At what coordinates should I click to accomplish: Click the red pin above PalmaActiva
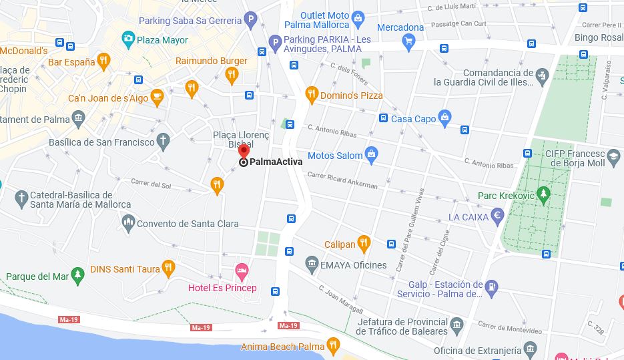(x=244, y=150)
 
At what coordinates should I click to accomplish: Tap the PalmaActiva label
(x=276, y=162)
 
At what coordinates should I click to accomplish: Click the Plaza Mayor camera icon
(x=128, y=40)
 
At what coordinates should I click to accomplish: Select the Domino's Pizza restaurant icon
(x=312, y=95)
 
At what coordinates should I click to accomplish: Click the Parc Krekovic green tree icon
(x=544, y=195)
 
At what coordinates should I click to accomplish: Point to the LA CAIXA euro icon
(x=497, y=216)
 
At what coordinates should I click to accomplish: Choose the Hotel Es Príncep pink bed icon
(x=242, y=271)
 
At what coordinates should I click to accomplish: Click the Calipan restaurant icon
(x=364, y=244)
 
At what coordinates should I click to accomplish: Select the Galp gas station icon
(x=492, y=288)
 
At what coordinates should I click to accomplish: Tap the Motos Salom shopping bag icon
(x=372, y=155)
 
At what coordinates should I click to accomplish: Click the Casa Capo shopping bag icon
(x=445, y=118)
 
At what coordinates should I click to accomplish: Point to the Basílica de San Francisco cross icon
(x=164, y=141)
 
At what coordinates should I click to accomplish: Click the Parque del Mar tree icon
(x=78, y=275)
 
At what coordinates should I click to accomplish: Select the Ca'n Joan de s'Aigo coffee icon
(x=157, y=98)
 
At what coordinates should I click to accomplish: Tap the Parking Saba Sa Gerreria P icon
(x=251, y=20)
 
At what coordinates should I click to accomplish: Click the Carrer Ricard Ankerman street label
(x=342, y=181)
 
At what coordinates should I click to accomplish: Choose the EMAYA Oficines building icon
(x=312, y=264)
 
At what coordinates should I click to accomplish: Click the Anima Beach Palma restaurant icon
(x=334, y=346)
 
